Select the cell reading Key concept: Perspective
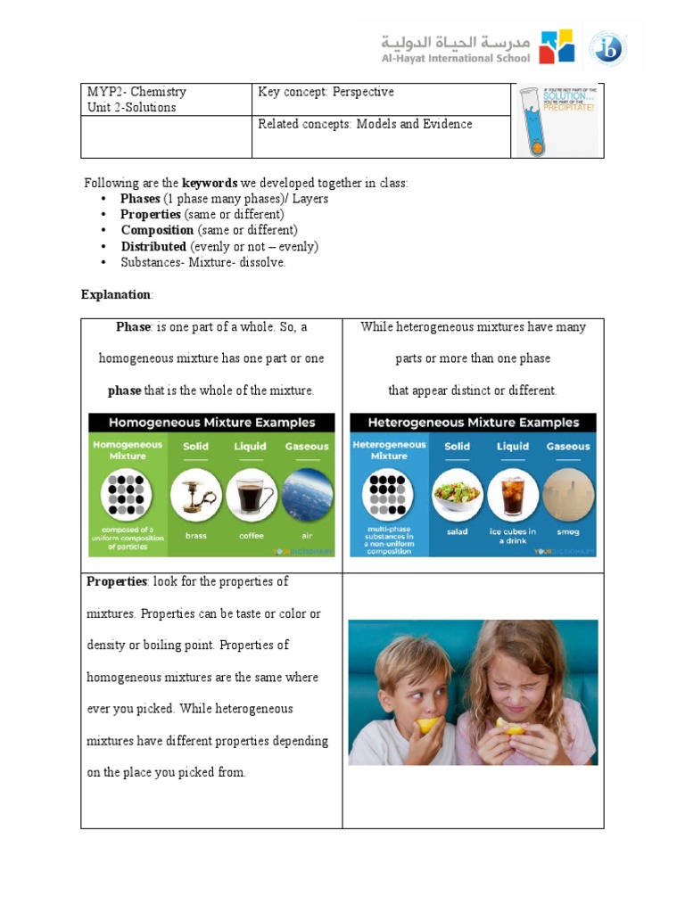(326, 92)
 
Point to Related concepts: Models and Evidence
(365, 124)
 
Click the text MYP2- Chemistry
(136, 92)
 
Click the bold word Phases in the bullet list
(140, 199)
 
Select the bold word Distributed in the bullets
(153, 246)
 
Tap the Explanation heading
(116, 294)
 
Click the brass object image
(196, 496)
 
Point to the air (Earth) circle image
(308, 496)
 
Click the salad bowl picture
(457, 496)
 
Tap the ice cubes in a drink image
(513, 496)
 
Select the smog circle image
(568, 496)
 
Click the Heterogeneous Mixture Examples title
(474, 423)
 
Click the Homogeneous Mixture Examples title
(212, 423)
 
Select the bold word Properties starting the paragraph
(116, 581)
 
